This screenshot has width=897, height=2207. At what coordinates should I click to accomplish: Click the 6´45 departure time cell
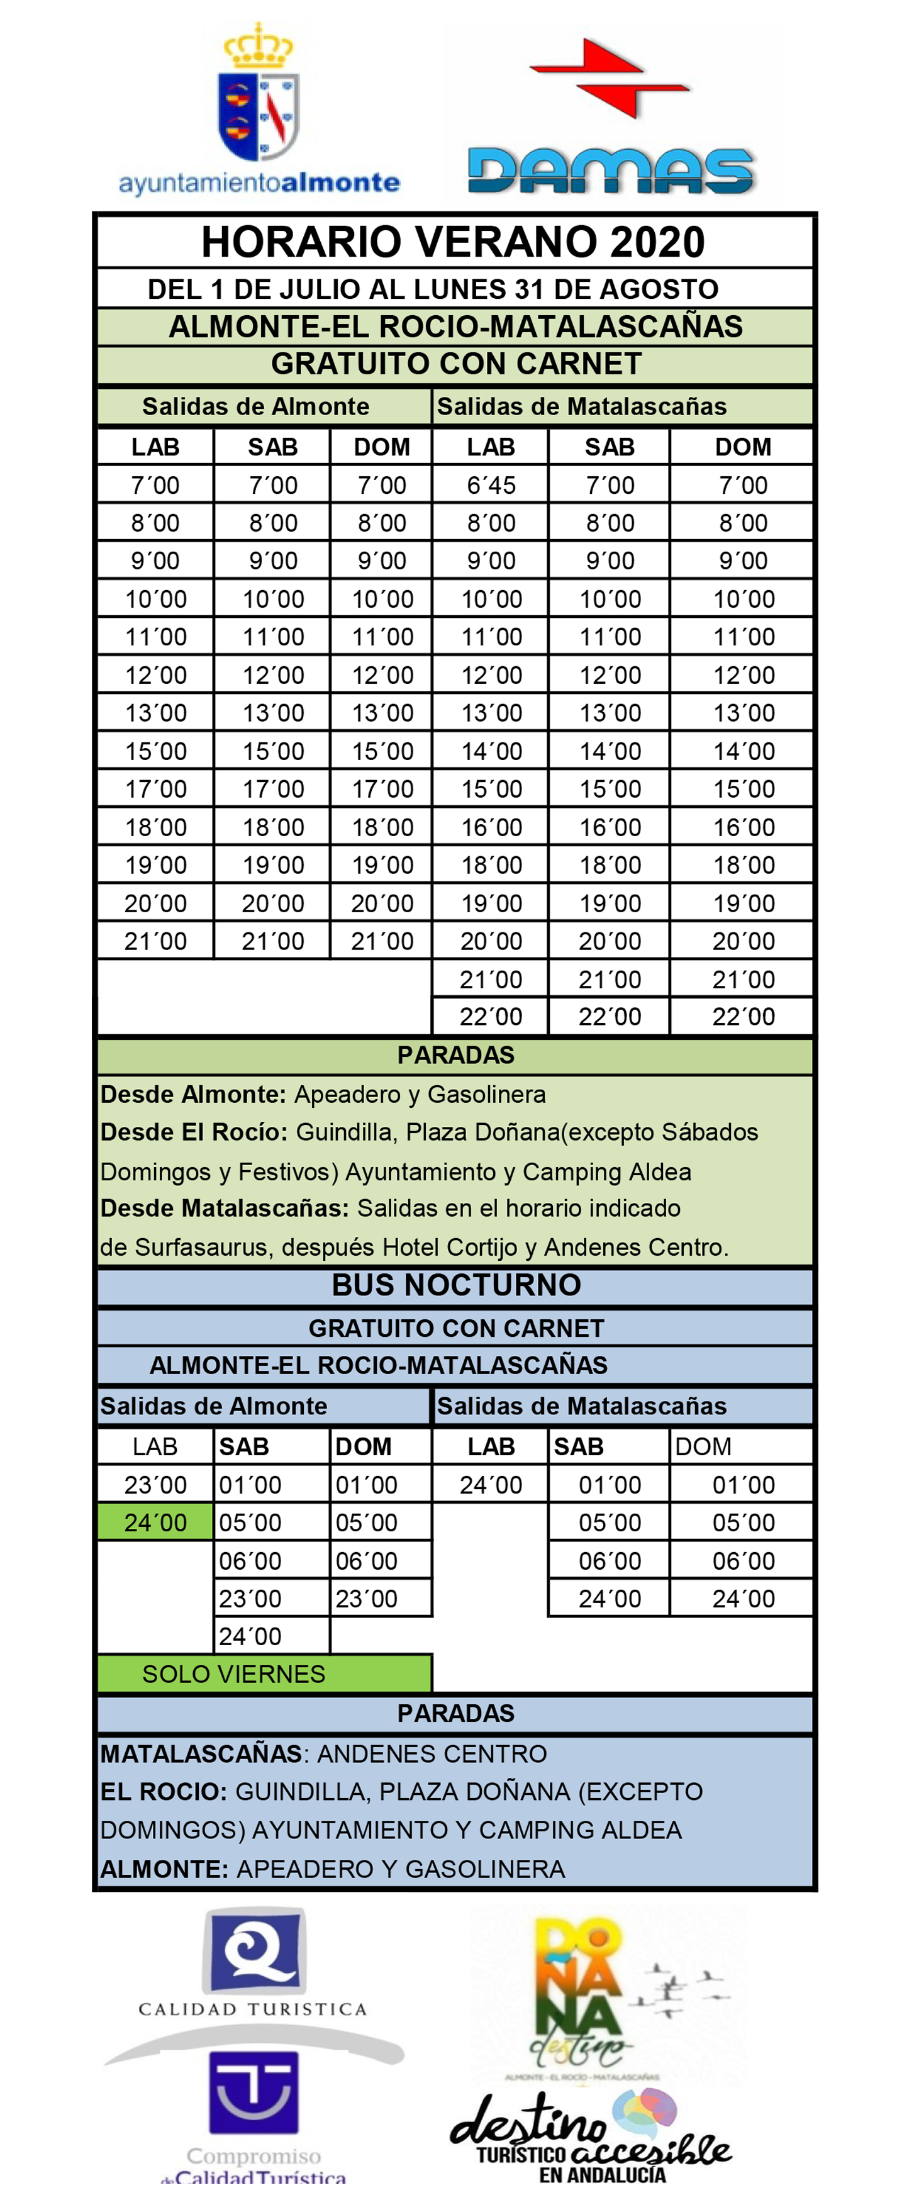[x=491, y=485]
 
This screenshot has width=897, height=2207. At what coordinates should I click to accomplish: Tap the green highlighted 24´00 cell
[x=155, y=1523]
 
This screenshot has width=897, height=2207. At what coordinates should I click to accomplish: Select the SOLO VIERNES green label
[x=233, y=1673]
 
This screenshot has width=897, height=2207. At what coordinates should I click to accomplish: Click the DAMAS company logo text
[x=610, y=171]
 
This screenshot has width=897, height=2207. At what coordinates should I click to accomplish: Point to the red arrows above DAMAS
[x=610, y=77]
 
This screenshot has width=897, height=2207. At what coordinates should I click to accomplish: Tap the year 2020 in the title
[x=657, y=242]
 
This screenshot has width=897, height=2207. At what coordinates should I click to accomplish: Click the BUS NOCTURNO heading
[x=456, y=1285]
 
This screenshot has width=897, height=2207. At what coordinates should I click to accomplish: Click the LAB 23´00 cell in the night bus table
[x=155, y=1485]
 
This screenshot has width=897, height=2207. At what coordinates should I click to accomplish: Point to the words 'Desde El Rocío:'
[x=194, y=1132]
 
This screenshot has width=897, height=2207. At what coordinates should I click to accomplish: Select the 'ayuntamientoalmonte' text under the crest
[x=259, y=183]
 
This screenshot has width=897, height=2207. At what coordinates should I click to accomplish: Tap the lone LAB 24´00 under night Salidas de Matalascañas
[x=491, y=1485]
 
